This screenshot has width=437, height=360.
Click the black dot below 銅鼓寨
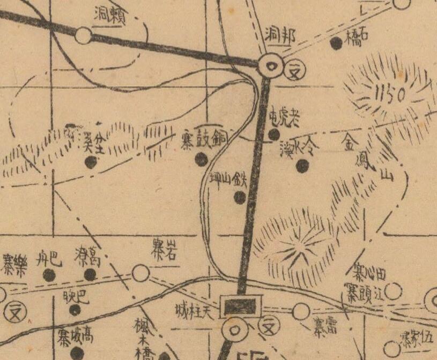point(201,159)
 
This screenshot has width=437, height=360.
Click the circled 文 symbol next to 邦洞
point(293,70)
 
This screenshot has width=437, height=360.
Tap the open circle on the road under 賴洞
point(83,36)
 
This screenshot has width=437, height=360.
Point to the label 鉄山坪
point(228,179)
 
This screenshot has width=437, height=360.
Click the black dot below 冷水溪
point(302,167)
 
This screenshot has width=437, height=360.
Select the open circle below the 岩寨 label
point(140,274)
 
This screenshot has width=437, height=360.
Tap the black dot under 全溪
point(91,162)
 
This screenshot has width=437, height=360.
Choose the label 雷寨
point(325,327)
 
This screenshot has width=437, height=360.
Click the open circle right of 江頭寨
point(394,291)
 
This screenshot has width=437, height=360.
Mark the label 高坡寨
point(76,337)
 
